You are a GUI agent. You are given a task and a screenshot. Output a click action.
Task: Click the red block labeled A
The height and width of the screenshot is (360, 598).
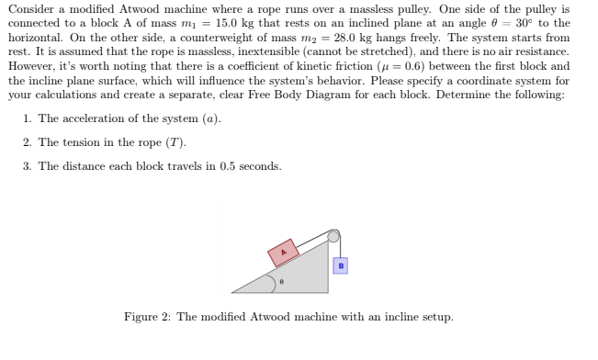tap(284, 252)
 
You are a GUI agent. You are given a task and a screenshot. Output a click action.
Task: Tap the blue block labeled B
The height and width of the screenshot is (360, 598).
tap(341, 265)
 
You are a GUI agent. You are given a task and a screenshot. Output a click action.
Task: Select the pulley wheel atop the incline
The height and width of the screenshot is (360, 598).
tap(334, 236)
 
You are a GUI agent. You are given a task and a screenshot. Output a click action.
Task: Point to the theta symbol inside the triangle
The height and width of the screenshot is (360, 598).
tap(282, 282)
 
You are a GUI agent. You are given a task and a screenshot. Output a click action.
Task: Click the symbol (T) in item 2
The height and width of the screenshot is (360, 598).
tap(176, 142)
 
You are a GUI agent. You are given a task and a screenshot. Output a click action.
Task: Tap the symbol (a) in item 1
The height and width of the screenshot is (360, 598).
tap(211, 119)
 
